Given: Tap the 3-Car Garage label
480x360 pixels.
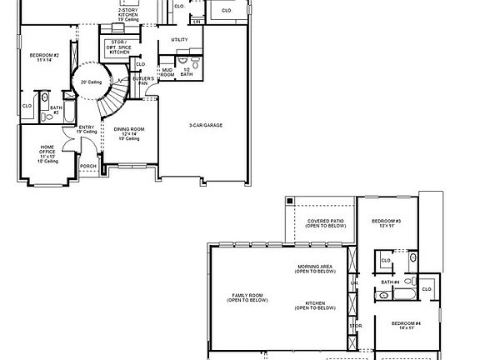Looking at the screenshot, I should click(205, 125).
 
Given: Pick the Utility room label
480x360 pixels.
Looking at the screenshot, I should click(179, 39).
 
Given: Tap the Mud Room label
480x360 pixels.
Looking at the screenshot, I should click(167, 72).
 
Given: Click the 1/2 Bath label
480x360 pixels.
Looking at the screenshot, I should click(186, 72).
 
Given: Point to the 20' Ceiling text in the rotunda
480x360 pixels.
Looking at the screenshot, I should click(90, 82).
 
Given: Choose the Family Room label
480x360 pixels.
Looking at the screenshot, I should click(247, 297).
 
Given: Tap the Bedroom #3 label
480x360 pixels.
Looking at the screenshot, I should click(386, 223).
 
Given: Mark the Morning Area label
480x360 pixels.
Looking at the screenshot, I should click(316, 268).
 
